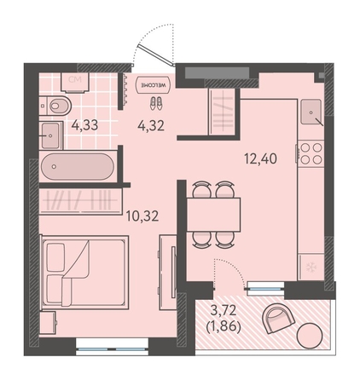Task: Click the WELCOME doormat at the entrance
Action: point(154,84)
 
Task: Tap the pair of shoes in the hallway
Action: point(156,103)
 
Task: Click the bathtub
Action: point(78,166)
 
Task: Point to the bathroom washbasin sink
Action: point(51,135)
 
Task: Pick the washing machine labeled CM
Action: point(75,83)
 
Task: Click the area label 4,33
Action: point(84,125)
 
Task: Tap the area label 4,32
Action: point(151,125)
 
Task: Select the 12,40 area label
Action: point(260,158)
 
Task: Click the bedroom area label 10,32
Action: point(142,216)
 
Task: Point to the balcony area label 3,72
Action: point(224,310)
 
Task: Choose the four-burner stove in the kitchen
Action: point(311,153)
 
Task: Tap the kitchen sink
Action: point(311,112)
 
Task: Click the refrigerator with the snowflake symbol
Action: point(311,267)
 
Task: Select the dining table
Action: point(213,215)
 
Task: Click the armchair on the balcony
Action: point(278,318)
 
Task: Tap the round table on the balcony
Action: point(310,336)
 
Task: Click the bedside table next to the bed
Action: point(48,322)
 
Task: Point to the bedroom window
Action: point(113,348)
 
